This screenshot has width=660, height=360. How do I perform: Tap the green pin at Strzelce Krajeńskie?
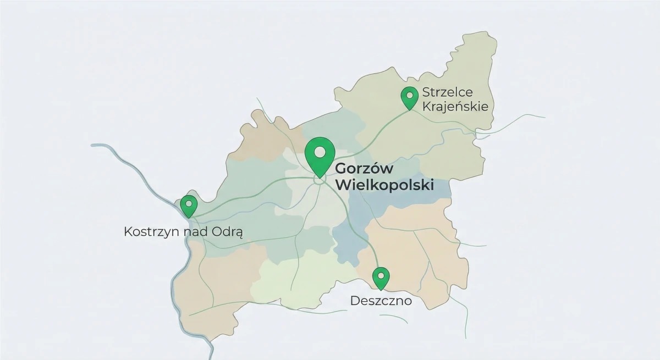[409, 98]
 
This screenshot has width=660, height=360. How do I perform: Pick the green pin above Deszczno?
[381, 278]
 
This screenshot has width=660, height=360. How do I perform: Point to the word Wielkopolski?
[384, 185]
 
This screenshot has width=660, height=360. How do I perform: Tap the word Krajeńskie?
[455, 107]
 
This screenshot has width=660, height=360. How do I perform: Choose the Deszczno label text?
[381, 301]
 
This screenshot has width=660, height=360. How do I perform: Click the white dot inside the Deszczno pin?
[381, 274]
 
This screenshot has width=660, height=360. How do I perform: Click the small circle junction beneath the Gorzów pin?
[320, 180]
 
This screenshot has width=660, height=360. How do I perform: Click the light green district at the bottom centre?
[286, 280]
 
